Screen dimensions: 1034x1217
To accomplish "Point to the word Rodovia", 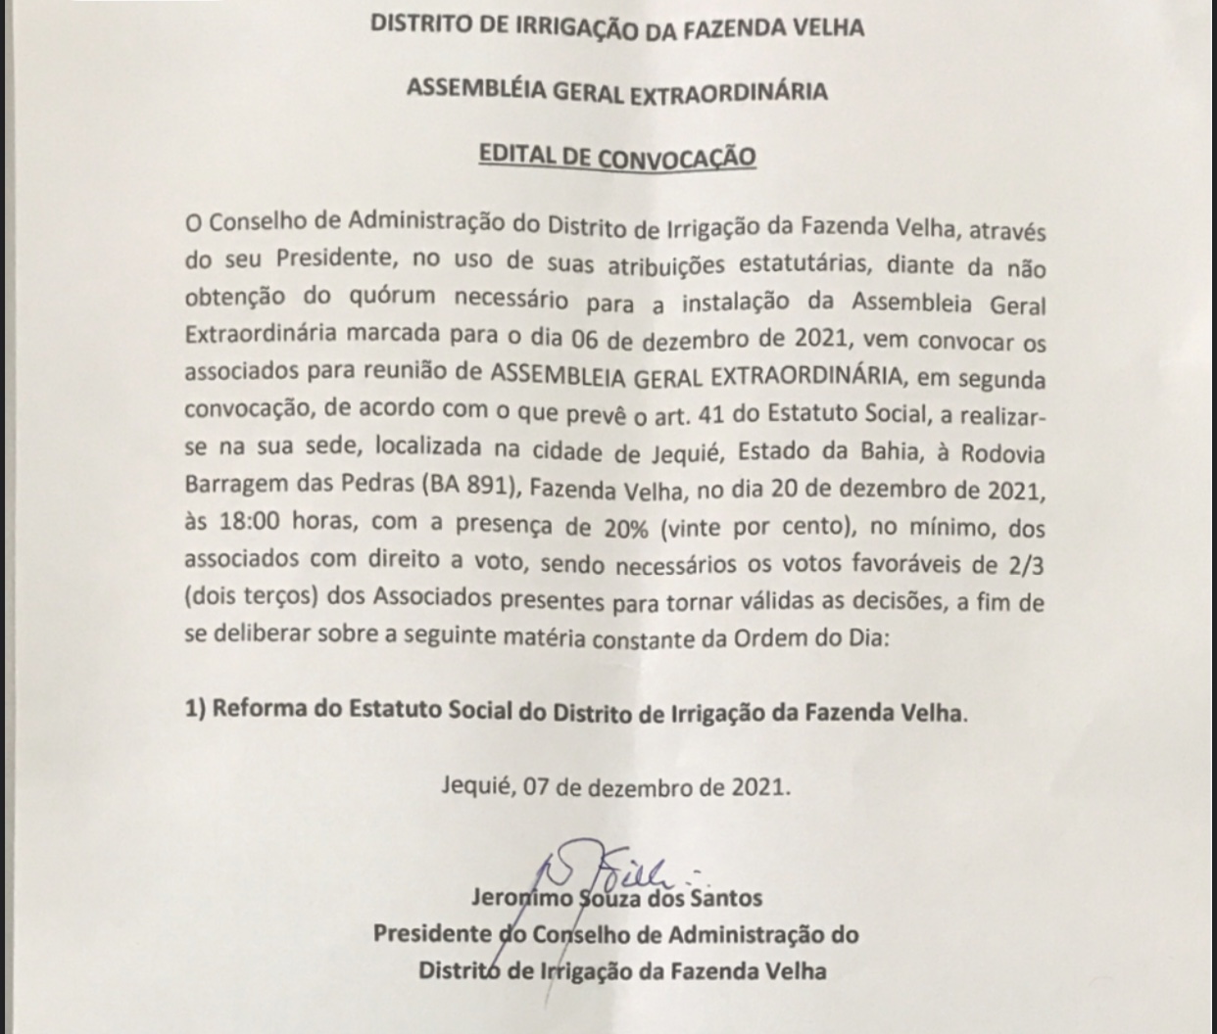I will [x=1002, y=454].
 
